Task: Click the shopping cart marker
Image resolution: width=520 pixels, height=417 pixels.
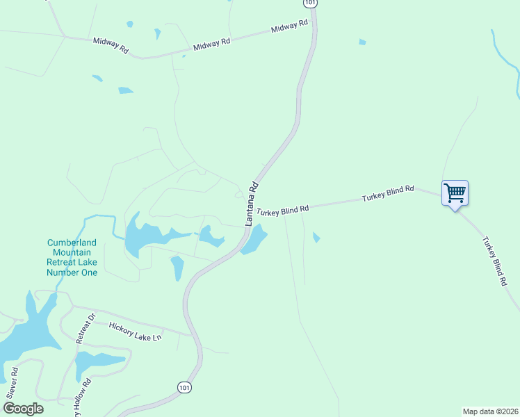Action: [x=455, y=193]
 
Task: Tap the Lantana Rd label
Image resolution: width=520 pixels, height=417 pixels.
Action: [x=252, y=204]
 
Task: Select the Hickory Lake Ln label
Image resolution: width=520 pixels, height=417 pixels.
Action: [x=135, y=331]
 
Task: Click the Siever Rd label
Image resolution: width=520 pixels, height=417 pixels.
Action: [x=13, y=382]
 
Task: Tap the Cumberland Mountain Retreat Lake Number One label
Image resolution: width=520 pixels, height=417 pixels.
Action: [x=72, y=257]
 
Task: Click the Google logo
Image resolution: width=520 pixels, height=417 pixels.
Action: [x=23, y=409]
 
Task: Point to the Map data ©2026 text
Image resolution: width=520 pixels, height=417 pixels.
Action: [x=491, y=411]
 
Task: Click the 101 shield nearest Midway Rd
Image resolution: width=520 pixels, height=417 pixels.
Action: [x=310, y=3]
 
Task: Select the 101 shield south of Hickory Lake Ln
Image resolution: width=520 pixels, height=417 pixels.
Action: [x=184, y=387]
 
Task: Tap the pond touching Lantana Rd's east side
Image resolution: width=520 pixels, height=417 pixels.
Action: [x=254, y=240]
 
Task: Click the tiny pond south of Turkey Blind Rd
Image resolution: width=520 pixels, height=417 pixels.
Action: [x=316, y=238]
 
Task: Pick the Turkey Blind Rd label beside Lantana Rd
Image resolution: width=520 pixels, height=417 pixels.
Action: [x=282, y=211]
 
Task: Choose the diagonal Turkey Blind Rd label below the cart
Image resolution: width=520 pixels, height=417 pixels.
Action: [x=494, y=262]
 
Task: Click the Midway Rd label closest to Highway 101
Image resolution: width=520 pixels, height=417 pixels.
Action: [x=289, y=27]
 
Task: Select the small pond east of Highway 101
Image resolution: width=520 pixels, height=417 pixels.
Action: [x=362, y=42]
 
